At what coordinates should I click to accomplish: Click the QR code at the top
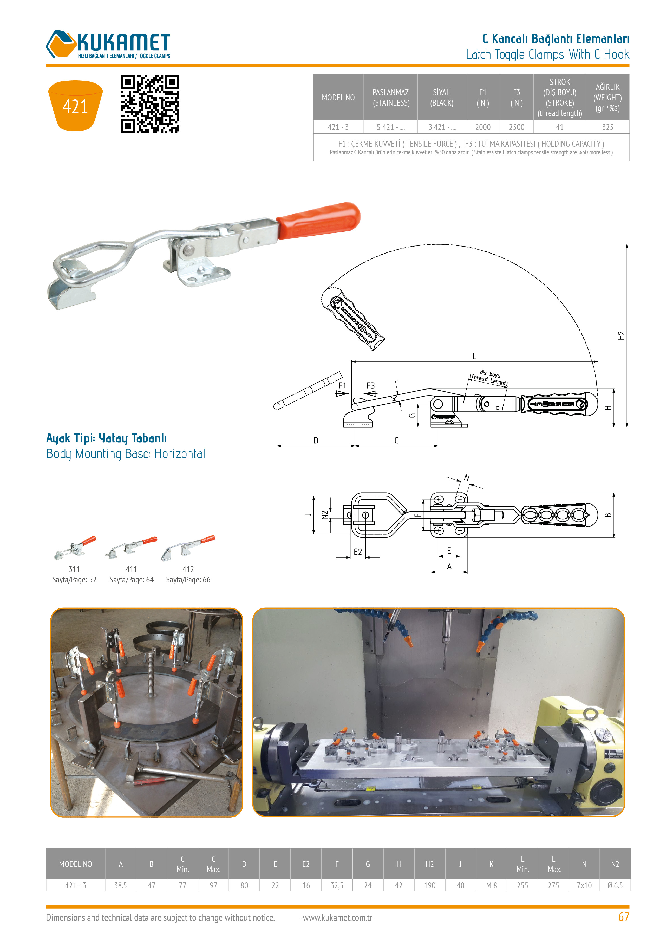tap(150, 104)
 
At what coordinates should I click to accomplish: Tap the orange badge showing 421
tap(75, 106)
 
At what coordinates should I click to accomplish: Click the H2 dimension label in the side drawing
tap(621, 335)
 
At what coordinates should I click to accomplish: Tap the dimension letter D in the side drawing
tap(316, 441)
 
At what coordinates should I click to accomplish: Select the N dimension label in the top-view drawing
tap(467, 478)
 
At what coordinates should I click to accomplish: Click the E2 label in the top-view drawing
tap(358, 552)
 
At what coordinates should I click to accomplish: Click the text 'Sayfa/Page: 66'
tap(188, 580)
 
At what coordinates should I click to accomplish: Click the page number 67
tap(624, 917)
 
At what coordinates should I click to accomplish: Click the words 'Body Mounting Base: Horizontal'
tap(126, 454)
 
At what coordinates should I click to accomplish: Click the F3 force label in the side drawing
tap(370, 385)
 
